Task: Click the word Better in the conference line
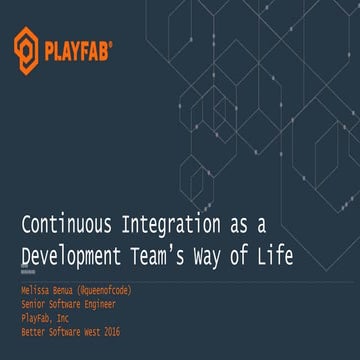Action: point(34,331)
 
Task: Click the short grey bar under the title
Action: point(29,273)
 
